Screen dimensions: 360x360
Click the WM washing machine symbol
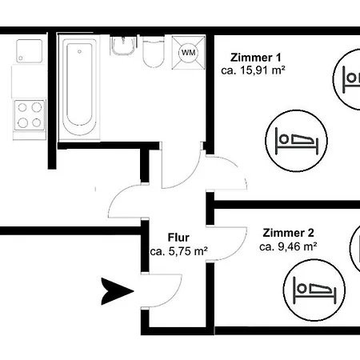tap(189, 53)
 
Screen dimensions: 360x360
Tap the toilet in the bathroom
tap(154, 52)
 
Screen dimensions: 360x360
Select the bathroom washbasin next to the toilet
tap(123, 46)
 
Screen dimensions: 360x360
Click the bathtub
tap(79, 87)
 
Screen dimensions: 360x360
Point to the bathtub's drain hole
tap(79, 51)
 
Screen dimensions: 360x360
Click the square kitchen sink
tap(30, 51)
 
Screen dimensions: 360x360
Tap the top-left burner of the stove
tap(22, 107)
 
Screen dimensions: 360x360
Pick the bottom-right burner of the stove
tap(37, 122)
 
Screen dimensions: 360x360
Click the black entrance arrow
tap(117, 291)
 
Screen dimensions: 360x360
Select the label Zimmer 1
tap(256, 58)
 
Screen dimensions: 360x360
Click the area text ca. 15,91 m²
tap(253, 70)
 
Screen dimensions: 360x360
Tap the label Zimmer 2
tap(288, 233)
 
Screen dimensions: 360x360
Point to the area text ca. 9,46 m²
tap(288, 246)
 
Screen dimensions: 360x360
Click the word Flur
tap(178, 238)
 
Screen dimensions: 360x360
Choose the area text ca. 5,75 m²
tap(179, 251)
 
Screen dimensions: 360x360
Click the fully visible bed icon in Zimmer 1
tap(296, 141)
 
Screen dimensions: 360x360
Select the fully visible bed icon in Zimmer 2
tap(314, 290)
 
